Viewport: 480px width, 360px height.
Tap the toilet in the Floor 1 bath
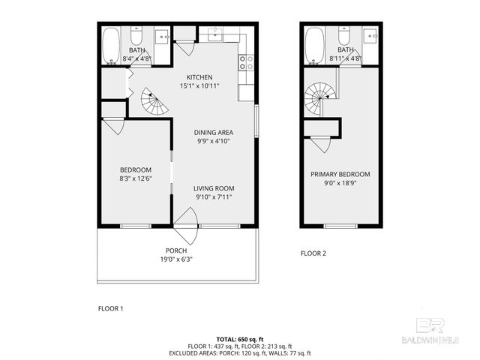tap(136, 37)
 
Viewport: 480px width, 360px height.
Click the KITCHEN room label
tap(199, 77)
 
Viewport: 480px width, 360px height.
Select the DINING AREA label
tap(214, 132)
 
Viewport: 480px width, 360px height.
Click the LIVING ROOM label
tap(214, 188)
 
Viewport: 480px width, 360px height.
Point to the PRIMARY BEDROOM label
tap(340, 174)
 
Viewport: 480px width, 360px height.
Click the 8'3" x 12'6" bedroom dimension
tap(136, 178)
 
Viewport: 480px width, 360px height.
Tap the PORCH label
tap(176, 250)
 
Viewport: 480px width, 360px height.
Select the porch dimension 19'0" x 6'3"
tap(176, 259)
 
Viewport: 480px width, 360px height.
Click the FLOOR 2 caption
tap(313, 253)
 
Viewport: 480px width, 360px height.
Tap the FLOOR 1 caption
tap(111, 308)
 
